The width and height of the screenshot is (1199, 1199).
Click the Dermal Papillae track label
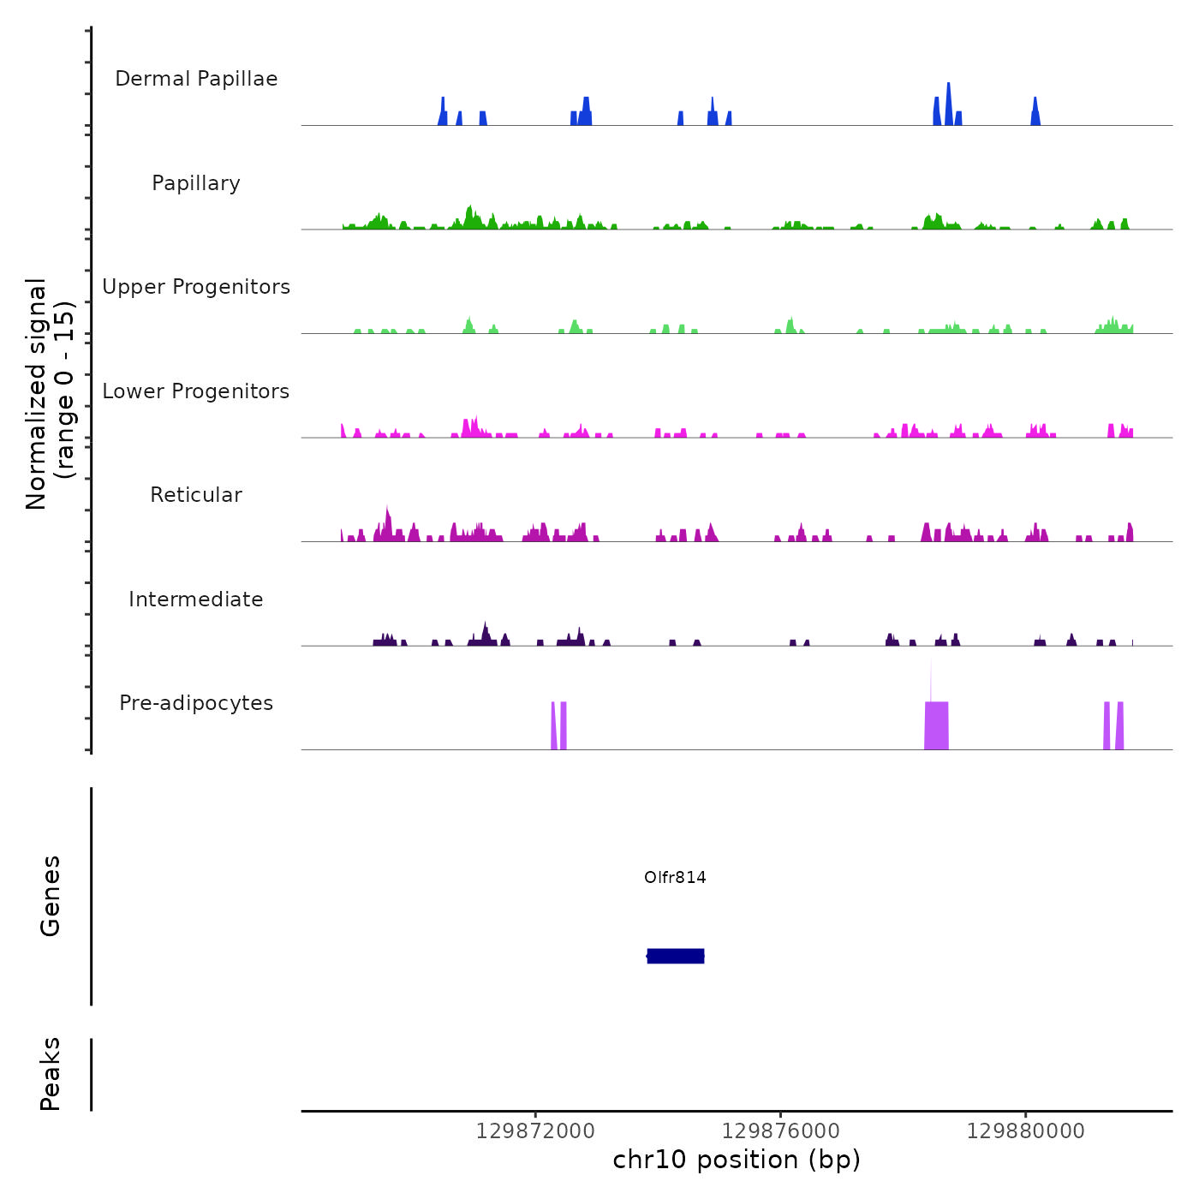[196, 79]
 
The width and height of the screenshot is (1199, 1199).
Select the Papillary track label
[196, 183]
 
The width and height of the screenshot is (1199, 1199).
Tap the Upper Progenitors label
[196, 287]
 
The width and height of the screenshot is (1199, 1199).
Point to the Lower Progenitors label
[196, 391]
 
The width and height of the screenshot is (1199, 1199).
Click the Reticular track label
[196, 495]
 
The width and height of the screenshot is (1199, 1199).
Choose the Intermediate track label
[196, 599]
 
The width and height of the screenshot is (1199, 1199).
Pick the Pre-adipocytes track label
[196, 703]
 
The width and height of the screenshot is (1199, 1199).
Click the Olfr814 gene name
[675, 877]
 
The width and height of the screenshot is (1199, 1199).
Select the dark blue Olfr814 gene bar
[676, 956]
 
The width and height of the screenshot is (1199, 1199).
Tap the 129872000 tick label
[535, 1131]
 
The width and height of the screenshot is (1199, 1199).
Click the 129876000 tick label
[781, 1131]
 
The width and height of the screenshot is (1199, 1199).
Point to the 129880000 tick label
[1026, 1131]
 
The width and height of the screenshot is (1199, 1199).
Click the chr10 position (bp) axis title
[737, 1160]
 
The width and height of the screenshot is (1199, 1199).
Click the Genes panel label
[51, 896]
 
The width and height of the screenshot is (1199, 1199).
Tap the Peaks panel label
[51, 1074]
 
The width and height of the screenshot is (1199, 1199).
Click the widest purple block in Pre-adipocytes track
[936, 726]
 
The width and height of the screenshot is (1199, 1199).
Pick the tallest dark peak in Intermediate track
[486, 633]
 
